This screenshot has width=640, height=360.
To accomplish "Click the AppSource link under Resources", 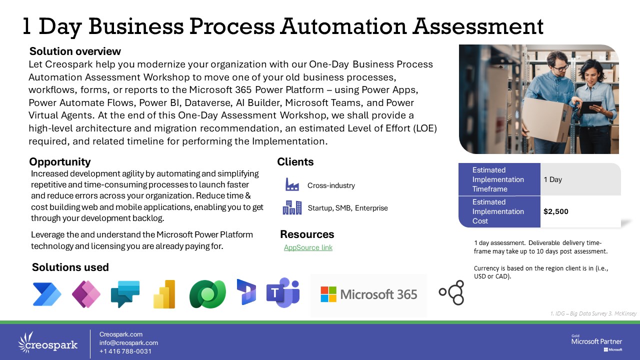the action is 308,247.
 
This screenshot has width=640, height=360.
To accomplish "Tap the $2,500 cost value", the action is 555,211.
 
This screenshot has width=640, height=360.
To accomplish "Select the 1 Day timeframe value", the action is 552,179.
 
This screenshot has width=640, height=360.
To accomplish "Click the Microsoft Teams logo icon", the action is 283,292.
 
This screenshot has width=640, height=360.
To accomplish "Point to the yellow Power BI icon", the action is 164,294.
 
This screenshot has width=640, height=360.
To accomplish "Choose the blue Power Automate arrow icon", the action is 47,294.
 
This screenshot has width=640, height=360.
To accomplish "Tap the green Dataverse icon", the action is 207,294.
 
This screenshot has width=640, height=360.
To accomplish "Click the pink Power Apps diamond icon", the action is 86,294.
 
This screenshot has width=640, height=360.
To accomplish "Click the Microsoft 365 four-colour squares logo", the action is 328,294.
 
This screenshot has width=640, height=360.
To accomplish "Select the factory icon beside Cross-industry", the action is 292,184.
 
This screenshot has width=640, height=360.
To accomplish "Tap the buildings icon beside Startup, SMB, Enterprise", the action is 292,207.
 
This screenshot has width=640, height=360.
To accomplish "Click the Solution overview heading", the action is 75,51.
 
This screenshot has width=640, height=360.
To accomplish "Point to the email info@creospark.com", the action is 128,343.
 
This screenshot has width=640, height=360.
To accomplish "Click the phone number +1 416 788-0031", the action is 125,351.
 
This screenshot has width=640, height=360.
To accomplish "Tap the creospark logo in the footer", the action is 47,343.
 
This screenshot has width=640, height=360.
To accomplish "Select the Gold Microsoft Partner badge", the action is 596,342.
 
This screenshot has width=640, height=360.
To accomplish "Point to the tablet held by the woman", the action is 591,107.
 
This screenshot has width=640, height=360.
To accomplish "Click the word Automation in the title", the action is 343,26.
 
